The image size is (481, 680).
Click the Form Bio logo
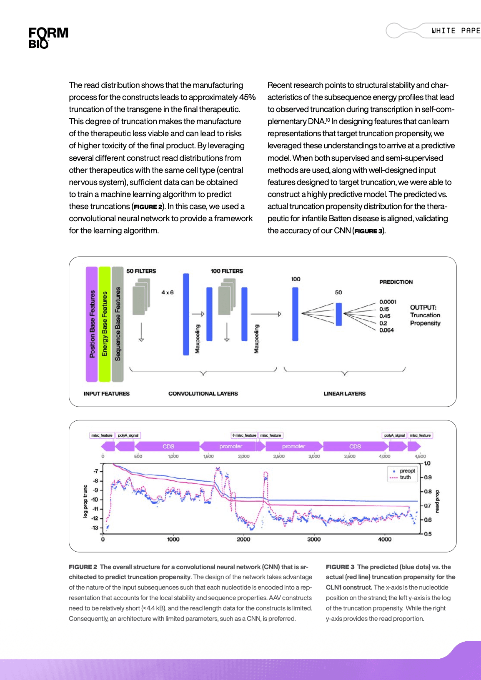point(48,37)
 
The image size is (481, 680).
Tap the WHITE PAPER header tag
point(456,31)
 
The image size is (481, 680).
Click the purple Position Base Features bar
point(92,324)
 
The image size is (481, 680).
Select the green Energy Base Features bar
point(105,324)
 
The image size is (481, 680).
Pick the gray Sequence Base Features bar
point(118,324)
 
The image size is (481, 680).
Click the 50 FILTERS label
point(141,271)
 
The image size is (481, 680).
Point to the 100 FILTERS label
point(226,271)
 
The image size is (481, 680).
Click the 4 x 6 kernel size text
point(168,292)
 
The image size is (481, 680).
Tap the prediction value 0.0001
point(388,302)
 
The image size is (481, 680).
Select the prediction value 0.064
point(386,330)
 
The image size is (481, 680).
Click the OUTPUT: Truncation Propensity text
point(425,315)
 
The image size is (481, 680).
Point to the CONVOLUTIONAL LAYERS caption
point(203,394)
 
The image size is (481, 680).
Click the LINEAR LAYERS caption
point(344,394)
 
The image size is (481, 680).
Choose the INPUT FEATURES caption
point(107,394)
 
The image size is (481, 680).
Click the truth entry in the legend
point(405,477)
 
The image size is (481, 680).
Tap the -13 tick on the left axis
point(95,528)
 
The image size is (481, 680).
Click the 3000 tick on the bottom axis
point(314,540)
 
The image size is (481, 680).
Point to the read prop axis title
point(437,501)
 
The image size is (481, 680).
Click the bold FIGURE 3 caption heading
point(340,567)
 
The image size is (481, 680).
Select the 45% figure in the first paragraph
point(247,97)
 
